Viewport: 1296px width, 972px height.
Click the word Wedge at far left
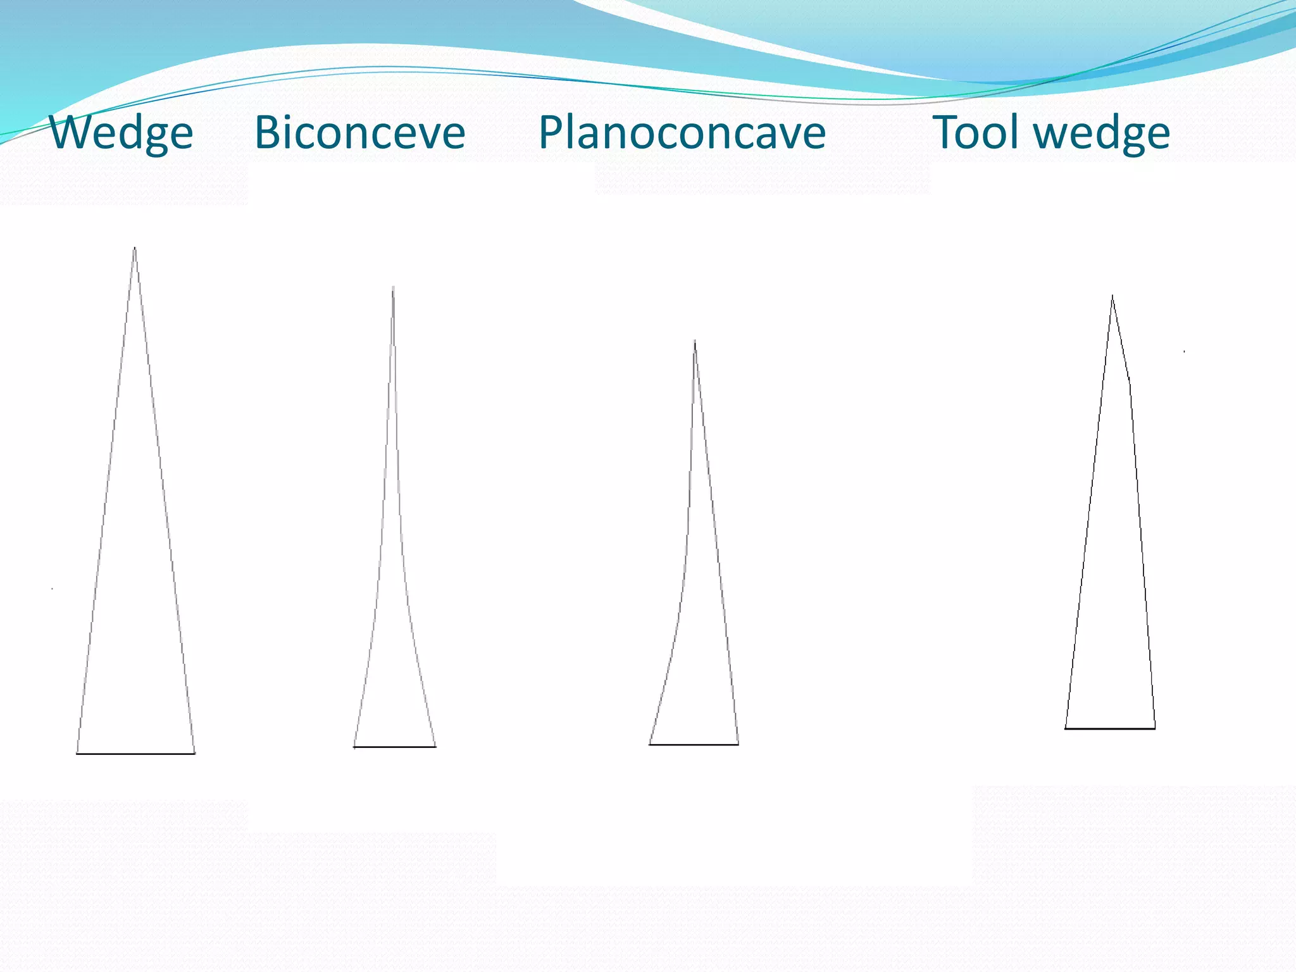click(121, 133)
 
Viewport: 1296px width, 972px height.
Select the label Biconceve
click(359, 133)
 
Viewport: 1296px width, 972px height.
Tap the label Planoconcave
click(682, 133)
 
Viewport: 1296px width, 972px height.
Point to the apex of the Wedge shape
click(135, 248)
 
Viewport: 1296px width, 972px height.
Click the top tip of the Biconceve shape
click(393, 287)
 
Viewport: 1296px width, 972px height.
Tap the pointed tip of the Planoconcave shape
click(695, 342)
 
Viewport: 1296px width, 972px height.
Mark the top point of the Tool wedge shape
click(1112, 296)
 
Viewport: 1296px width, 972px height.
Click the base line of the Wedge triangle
click(135, 754)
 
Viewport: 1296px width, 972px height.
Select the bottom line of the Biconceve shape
click(394, 747)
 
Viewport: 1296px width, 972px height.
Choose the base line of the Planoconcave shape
click(694, 744)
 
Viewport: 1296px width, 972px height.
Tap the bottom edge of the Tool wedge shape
click(1110, 728)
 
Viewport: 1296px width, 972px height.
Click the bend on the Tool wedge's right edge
click(1130, 382)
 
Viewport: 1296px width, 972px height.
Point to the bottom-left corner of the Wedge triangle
click(77, 753)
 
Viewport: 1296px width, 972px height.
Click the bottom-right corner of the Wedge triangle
click(194, 753)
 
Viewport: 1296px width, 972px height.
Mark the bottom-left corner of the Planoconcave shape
click(650, 744)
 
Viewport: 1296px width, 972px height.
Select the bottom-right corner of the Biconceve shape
click(435, 747)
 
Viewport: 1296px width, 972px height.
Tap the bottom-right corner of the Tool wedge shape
click(1155, 728)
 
